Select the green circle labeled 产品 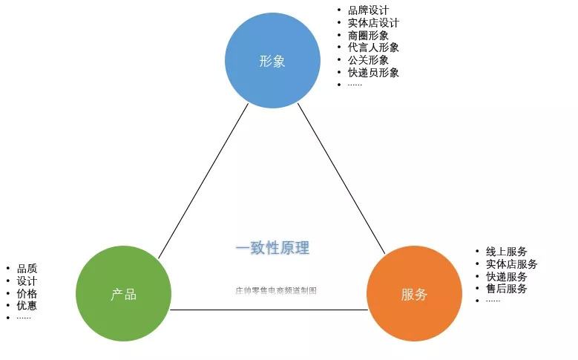[123, 294]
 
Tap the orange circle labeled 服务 [414, 294]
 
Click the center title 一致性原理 [272, 248]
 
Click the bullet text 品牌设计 [367, 10]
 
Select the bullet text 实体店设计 [372, 23]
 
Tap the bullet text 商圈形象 [367, 35]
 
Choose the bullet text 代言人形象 [372, 48]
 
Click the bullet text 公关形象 [367, 60]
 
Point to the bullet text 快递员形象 [372, 72]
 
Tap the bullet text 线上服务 [506, 252]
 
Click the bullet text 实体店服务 [511, 264]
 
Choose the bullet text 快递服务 [506, 276]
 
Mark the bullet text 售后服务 [506, 288]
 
